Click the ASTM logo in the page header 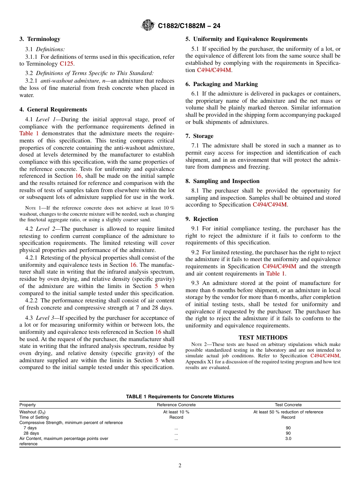[148, 25]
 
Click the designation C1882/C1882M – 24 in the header [189, 26]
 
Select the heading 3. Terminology [40, 39]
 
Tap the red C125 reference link [67, 64]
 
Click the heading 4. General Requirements [53, 110]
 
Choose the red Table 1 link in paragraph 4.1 [29, 133]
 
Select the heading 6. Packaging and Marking [221, 84]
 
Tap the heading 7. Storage [199, 136]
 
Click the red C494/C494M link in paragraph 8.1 [269, 205]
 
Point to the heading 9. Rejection [202, 219]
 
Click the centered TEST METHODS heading [263, 338]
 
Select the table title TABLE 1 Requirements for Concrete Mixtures [180, 397]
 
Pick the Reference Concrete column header [176, 405]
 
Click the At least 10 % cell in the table [176, 412]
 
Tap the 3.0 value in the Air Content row [288, 438]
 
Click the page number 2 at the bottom [180, 466]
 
